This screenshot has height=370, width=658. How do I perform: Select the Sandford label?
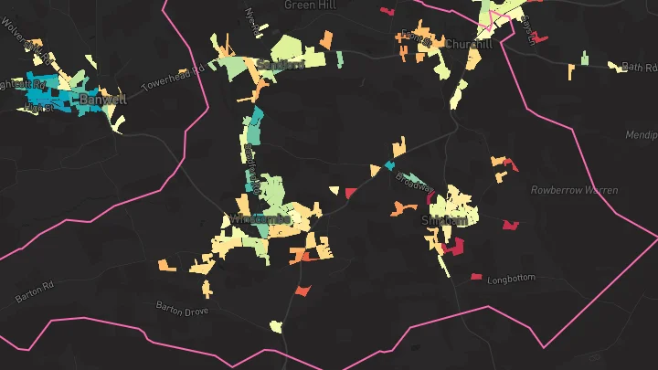tap(281, 65)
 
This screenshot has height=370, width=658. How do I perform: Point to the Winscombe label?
tap(260, 219)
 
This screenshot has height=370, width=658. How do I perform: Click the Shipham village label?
tap(444, 221)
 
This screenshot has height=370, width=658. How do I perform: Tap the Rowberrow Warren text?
tap(574, 190)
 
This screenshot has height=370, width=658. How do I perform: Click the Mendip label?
tap(641, 135)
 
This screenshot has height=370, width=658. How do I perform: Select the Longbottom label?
tap(509, 280)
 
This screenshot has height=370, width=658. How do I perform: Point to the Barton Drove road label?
tap(183, 309)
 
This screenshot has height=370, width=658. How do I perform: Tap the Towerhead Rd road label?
tap(172, 79)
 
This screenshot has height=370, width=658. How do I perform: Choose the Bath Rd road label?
tap(639, 67)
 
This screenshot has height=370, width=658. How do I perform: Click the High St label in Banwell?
tap(38, 108)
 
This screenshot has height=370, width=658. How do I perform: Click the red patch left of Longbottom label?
tap(476, 276)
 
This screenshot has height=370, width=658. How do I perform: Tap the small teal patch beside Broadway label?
tap(390, 165)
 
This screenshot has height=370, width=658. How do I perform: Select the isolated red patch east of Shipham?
tap(509, 224)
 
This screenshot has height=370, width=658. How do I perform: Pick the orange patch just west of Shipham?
tap(403, 208)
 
